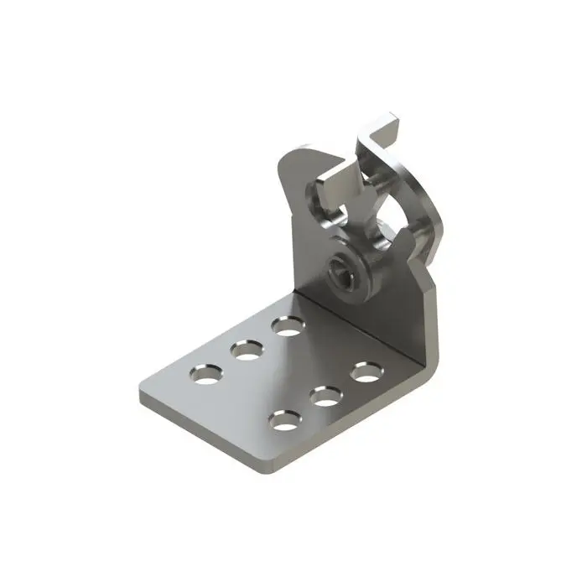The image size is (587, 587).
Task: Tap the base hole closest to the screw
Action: [x=287, y=325]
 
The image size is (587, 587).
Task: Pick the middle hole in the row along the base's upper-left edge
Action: [x=247, y=348]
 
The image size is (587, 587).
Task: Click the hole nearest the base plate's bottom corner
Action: [x=286, y=419]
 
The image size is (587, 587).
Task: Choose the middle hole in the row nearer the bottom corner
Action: [x=326, y=394]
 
